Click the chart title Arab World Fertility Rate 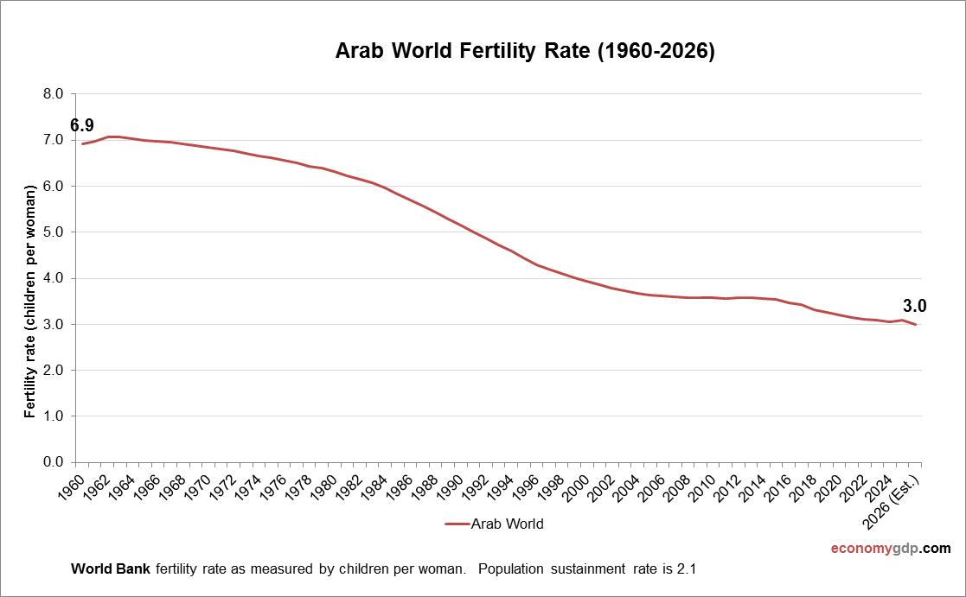click(525, 52)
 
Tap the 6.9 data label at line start click(82, 125)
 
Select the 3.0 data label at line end click(915, 306)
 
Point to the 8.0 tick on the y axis click(54, 94)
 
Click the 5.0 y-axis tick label click(54, 232)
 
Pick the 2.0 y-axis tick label click(54, 371)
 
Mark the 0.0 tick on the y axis click(54, 462)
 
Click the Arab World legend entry click(495, 524)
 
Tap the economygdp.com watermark click(891, 549)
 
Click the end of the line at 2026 click(915, 324)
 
